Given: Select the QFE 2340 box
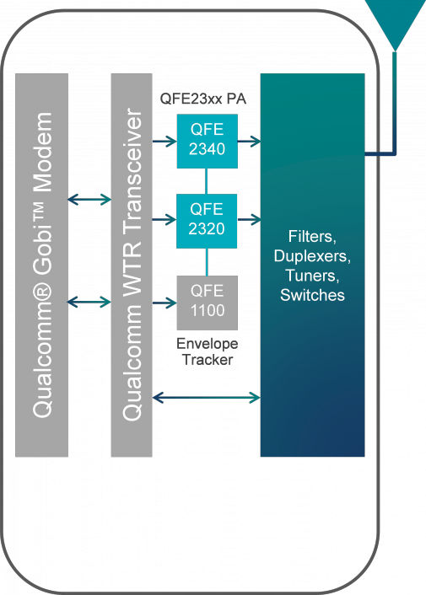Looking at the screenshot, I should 207,138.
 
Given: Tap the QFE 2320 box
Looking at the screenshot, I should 207,220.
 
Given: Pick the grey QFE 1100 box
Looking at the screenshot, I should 207,302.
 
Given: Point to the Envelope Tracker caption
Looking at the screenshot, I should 207,352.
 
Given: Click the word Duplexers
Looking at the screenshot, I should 313,253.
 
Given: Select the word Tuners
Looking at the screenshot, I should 313,275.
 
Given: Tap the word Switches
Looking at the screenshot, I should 313,296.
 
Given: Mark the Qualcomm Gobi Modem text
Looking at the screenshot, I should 42,265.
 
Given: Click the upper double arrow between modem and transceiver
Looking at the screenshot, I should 89,200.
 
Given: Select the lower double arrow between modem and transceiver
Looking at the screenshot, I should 89,302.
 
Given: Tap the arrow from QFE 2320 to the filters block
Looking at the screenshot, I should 249,221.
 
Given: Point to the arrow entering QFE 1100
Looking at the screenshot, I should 164,302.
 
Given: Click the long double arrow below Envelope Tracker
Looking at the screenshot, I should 207,396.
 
